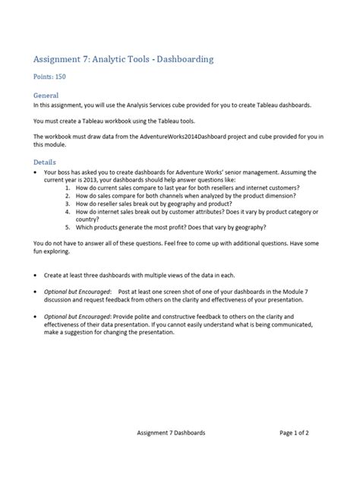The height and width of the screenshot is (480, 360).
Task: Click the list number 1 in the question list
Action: coord(67,187)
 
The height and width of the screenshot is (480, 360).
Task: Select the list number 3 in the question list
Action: coord(67,204)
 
